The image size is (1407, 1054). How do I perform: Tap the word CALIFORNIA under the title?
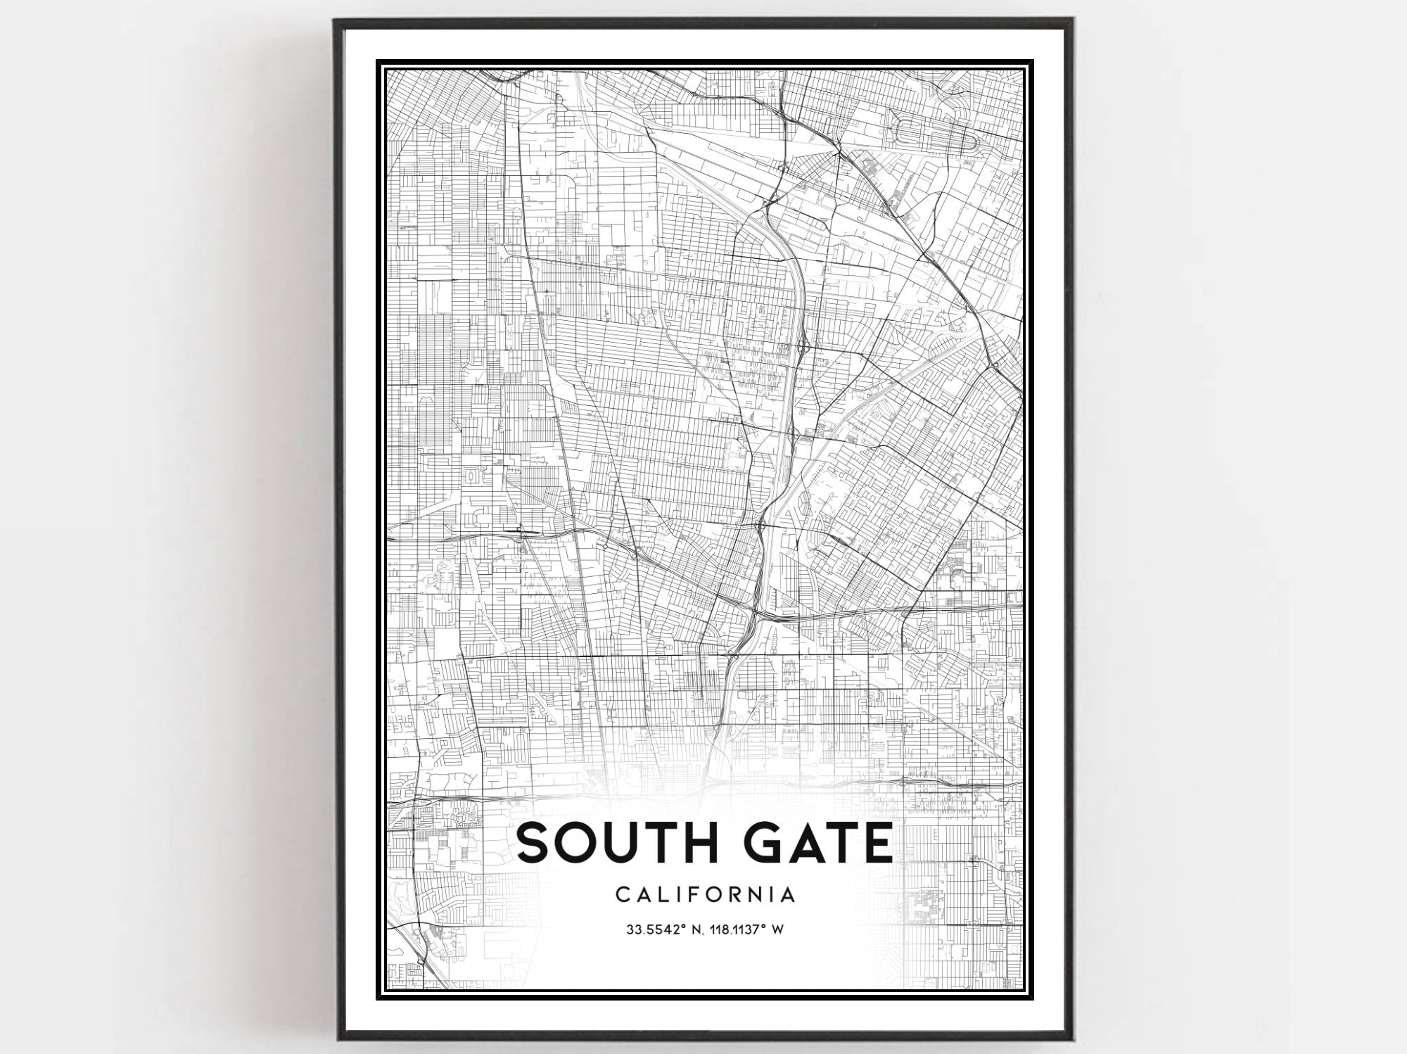tap(706, 894)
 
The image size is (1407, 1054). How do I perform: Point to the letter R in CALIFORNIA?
tap(739, 894)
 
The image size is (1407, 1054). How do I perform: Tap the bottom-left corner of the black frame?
tap(336, 1039)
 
